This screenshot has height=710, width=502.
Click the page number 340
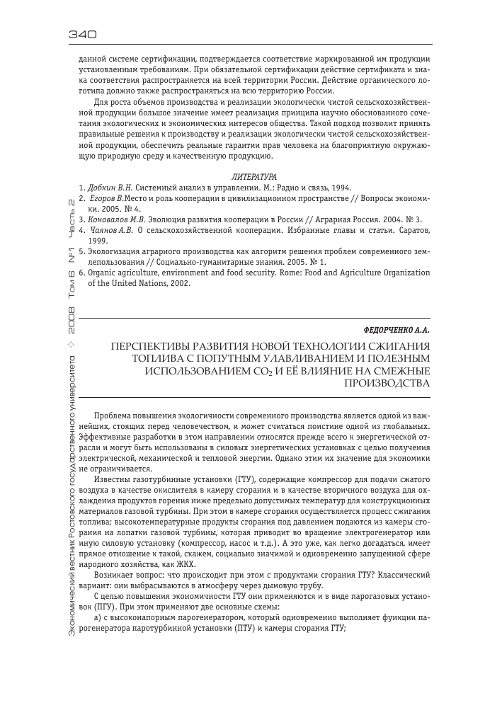tap(83, 33)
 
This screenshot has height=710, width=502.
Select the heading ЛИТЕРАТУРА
tap(254, 175)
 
